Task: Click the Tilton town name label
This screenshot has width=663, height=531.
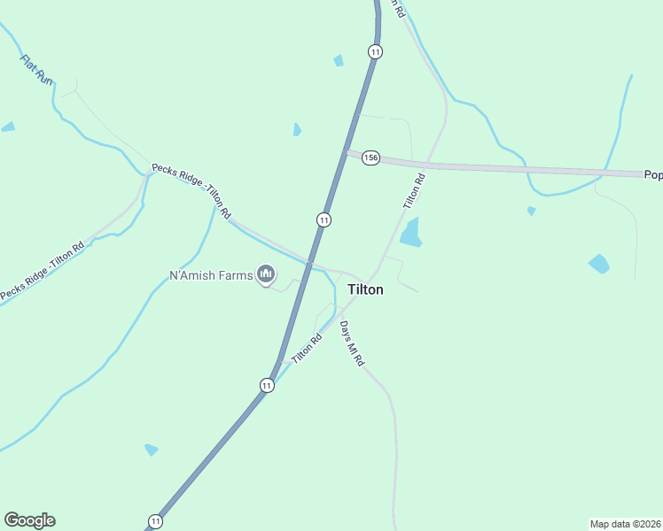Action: tap(365, 289)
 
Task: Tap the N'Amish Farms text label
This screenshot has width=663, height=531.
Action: tap(211, 275)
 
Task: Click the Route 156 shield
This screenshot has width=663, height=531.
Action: tap(370, 158)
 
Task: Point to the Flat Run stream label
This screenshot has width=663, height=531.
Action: tap(36, 70)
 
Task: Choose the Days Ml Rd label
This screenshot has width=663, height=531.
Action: tap(352, 345)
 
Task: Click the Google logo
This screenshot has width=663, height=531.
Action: tap(29, 520)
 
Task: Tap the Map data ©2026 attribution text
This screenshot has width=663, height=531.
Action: tap(626, 523)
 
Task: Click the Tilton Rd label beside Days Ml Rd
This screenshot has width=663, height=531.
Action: tap(306, 346)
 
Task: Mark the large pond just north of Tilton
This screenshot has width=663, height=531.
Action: tap(410, 233)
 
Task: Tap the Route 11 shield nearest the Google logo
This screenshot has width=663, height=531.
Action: tap(156, 520)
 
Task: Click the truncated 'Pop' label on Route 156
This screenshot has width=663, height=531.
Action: tap(653, 175)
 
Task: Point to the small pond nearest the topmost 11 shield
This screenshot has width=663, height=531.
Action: tap(339, 60)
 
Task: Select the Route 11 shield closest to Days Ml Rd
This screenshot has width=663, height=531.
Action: tap(267, 385)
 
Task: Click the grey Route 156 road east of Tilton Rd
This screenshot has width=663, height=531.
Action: tap(532, 168)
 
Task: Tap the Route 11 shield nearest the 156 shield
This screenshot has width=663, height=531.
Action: tap(324, 219)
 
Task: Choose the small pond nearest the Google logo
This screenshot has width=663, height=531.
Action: tap(152, 450)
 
